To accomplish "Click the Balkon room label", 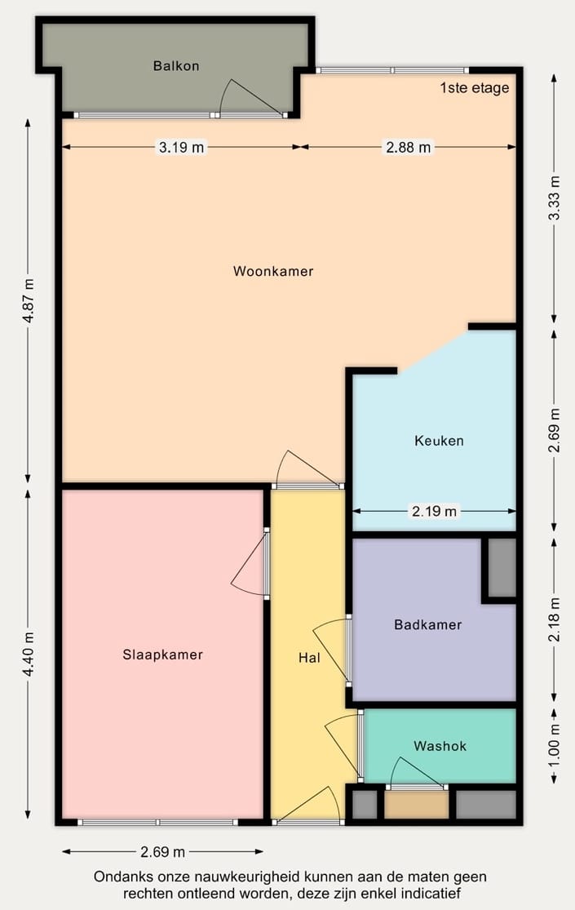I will coord(176,66).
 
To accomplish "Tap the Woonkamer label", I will coord(272,271).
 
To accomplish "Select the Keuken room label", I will coord(439,441).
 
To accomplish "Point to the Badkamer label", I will coord(427,625).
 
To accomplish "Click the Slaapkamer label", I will coord(162,655).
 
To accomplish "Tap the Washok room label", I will coord(440,746).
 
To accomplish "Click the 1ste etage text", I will coord(474,88).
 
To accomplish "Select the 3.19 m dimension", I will coord(181,148).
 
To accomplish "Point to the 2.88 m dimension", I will coord(408,148).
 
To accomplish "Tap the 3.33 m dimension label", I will coord(555,198).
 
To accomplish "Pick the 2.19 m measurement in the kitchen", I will coord(434,512).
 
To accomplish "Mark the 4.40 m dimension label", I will coord(29,654).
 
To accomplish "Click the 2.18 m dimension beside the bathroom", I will coord(555,621).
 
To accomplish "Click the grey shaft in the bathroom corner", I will coord(502,567).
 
